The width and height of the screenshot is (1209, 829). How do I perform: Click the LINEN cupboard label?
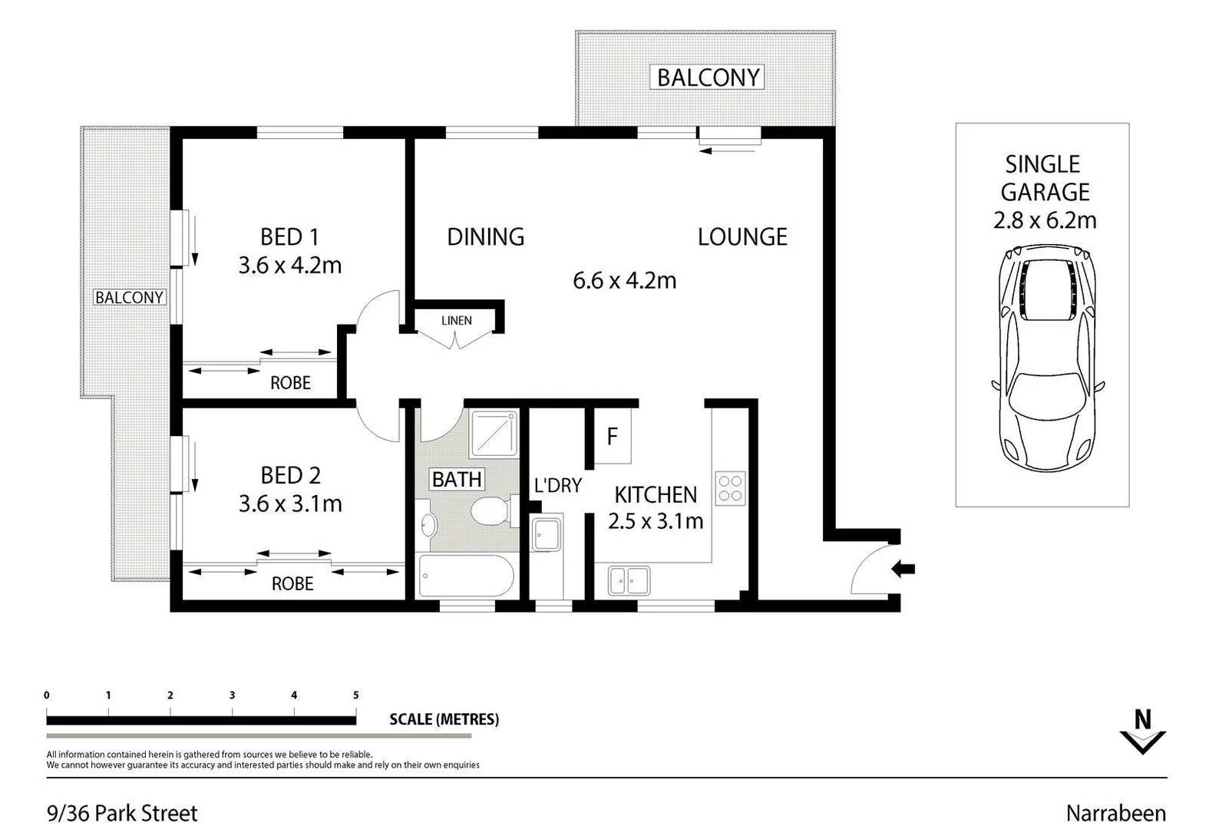456,321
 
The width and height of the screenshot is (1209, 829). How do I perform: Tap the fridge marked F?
612,437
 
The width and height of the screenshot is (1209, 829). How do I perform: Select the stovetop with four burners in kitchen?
730,487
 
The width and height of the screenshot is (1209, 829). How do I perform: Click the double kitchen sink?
629,580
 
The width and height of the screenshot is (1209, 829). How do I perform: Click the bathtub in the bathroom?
466,577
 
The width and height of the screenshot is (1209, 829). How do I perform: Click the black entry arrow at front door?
903,569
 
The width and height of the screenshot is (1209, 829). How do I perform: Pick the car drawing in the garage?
1045,358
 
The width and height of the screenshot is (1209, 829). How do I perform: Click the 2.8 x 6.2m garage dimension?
1044,220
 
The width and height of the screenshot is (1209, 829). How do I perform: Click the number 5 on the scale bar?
355,695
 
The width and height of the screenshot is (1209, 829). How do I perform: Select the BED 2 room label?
290,476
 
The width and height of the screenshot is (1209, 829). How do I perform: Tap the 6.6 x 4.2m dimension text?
624,281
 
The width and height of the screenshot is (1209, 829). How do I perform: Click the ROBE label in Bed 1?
290,382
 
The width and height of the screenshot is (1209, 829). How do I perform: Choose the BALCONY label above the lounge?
707,78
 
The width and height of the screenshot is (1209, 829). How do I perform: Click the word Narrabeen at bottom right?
1115,813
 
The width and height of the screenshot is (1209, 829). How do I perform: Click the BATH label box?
457,480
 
